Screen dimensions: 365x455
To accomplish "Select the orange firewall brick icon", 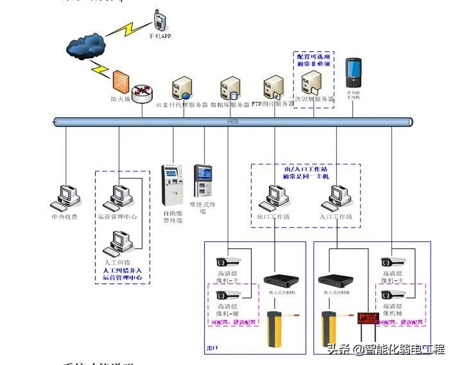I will (120, 82).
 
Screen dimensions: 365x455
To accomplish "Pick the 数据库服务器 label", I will (230, 105).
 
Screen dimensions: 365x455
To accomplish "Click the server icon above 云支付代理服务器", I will (181, 88).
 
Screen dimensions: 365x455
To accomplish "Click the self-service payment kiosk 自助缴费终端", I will (171, 185).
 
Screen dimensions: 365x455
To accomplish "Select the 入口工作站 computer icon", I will (336, 198).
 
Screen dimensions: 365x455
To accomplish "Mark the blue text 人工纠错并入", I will (122, 271).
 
